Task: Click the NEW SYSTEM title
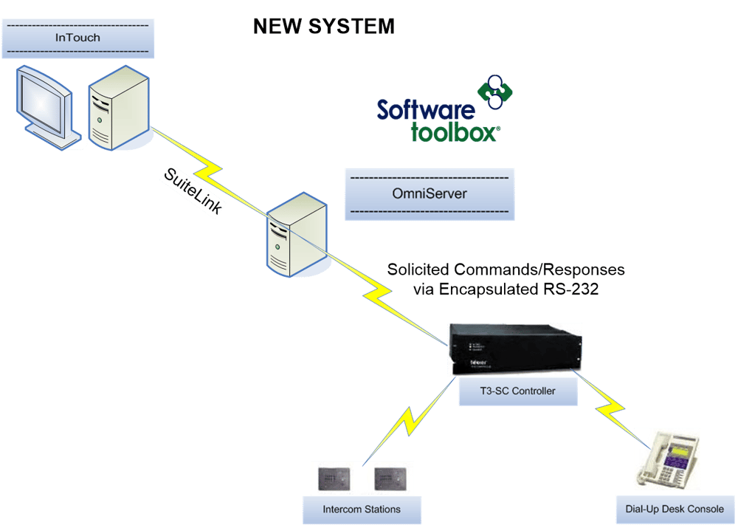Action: [323, 27]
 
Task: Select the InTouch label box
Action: [77, 38]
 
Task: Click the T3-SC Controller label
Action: [516, 391]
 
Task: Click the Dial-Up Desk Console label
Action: [670, 509]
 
